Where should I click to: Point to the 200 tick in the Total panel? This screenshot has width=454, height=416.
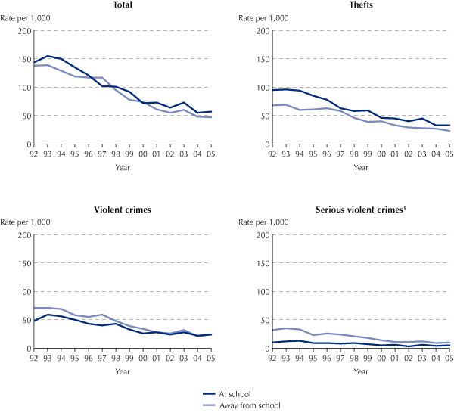[23, 31]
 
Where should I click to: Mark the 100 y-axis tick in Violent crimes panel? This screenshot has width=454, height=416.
[23, 292]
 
